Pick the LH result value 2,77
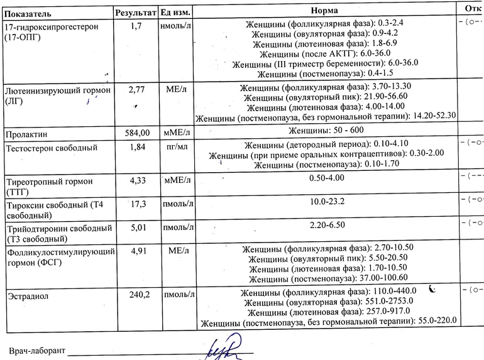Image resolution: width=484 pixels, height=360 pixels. [136, 90]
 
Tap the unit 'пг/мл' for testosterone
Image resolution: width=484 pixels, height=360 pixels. [176, 147]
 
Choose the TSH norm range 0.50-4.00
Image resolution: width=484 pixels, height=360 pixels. [327, 178]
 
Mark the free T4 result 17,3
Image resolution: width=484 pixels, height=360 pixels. [138, 204]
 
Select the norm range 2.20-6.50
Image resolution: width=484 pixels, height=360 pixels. [327, 225]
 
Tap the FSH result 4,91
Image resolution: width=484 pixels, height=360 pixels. [137, 251]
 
